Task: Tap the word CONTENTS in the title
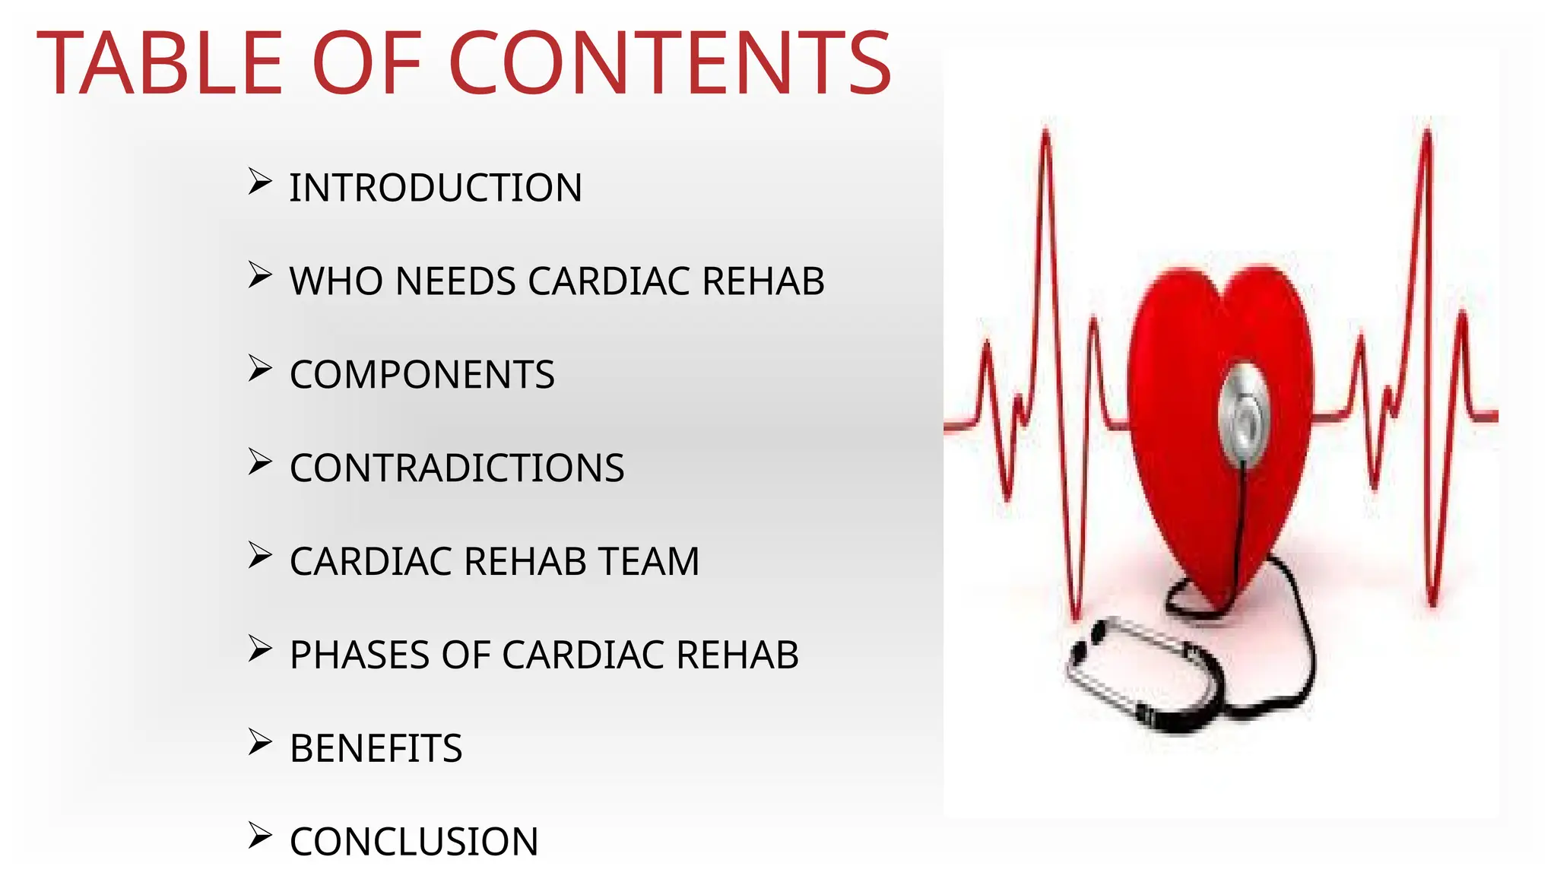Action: [x=670, y=64]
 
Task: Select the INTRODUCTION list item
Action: [x=436, y=188]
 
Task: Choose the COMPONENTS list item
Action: [x=422, y=375]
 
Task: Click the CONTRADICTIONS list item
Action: [x=457, y=468]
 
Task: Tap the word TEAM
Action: [x=648, y=562]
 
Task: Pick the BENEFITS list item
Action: [x=376, y=749]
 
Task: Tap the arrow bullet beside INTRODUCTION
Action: [x=260, y=182]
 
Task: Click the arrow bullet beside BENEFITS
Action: [x=260, y=743]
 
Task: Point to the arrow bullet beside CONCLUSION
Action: [x=260, y=836]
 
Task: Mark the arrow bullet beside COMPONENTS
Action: [x=260, y=369]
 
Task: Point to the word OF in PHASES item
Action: [x=465, y=655]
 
